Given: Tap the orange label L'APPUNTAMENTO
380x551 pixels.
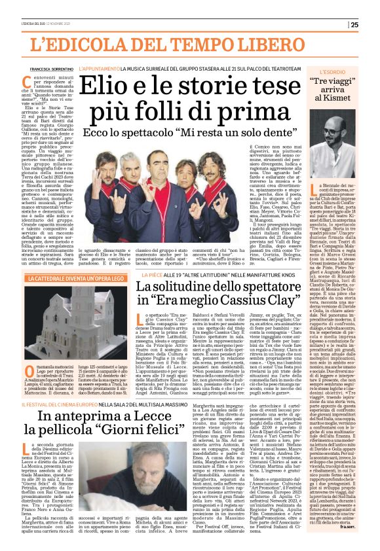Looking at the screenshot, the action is (99, 68).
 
